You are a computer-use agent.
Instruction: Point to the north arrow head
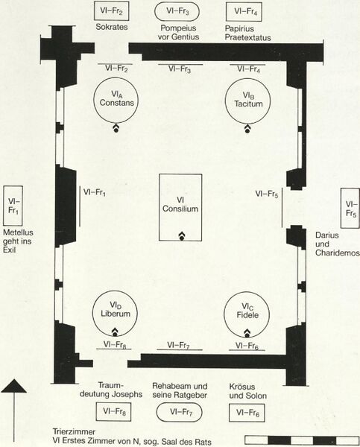[13, 386]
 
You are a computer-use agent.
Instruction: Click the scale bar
[302, 440]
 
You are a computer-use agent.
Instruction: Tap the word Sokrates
[112, 27]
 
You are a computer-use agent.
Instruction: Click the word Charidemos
[338, 253]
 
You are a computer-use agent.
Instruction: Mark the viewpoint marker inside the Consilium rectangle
[181, 236]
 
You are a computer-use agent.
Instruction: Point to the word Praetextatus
[247, 37]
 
